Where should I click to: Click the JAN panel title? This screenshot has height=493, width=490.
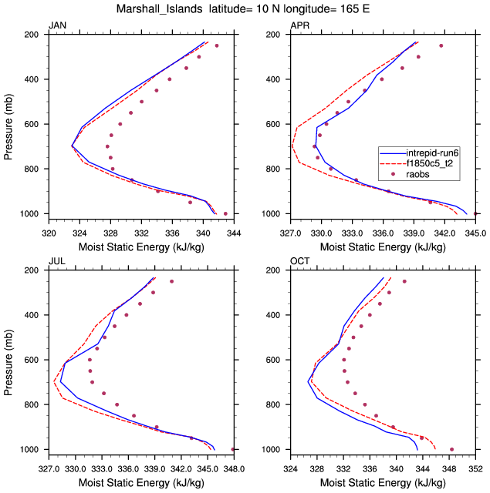57,26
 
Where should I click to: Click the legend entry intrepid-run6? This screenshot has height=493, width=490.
428,153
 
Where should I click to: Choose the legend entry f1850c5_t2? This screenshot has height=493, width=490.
428,164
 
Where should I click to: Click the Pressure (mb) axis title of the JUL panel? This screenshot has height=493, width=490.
8,360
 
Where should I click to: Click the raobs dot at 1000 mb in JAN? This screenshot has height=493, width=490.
225,213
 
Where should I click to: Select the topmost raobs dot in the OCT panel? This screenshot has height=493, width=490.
404,281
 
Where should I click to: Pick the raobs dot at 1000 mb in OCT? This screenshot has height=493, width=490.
451,449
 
